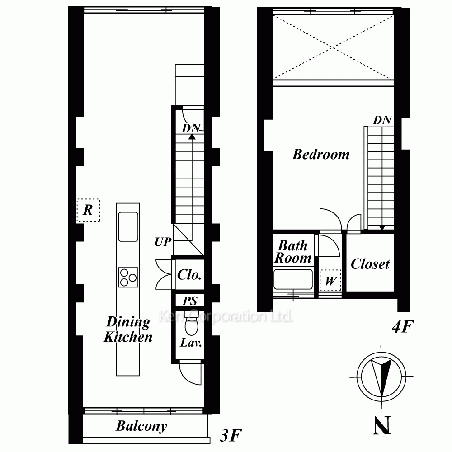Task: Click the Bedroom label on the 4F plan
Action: tap(321, 155)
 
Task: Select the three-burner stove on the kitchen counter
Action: tap(128, 278)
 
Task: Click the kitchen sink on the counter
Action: tap(128, 226)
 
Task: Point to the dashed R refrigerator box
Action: tap(88, 211)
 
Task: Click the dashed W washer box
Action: tap(330, 281)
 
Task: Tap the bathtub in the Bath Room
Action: tap(293, 279)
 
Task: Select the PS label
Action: tap(190, 301)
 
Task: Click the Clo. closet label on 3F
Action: tap(189, 275)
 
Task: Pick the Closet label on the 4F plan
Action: tap(370, 264)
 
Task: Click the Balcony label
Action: tap(141, 426)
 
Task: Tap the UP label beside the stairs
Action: tap(163, 242)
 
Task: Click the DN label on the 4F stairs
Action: tap(382, 120)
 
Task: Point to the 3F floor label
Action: tap(231, 435)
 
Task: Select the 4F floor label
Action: tap(403, 327)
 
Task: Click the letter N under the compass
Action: tap(382, 425)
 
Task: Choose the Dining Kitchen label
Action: tap(128, 329)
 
